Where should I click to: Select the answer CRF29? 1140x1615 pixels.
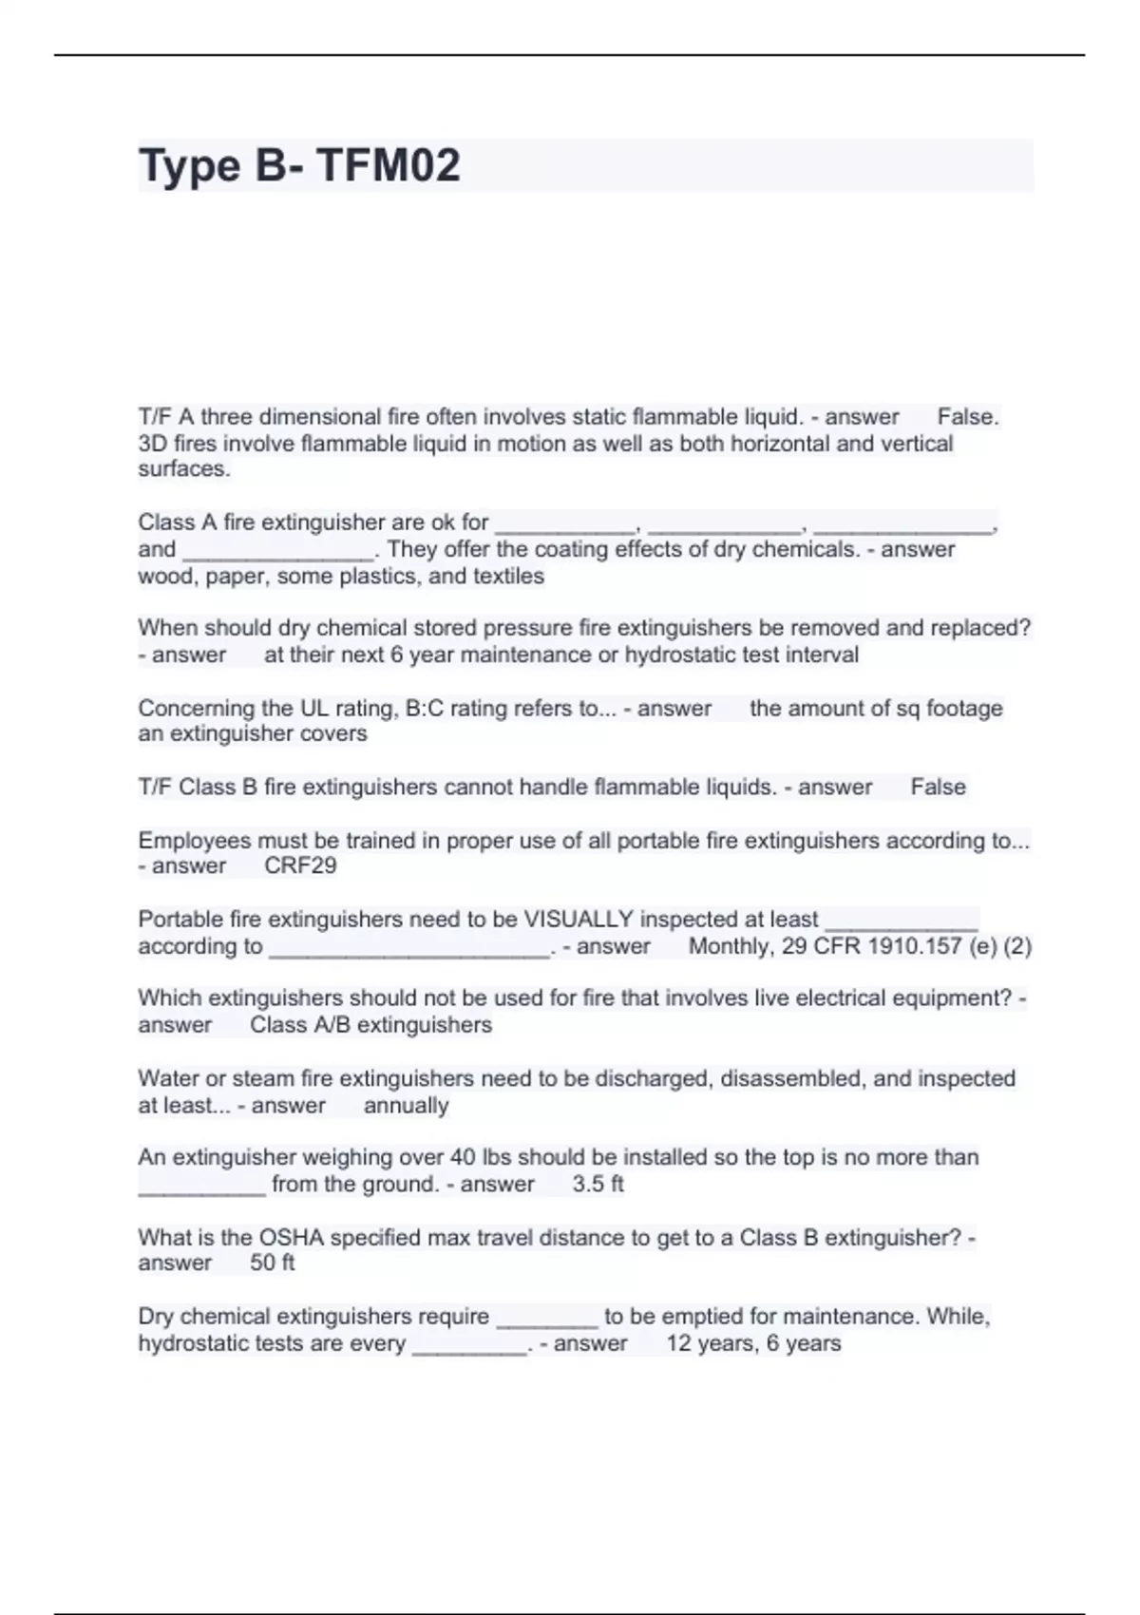point(300,865)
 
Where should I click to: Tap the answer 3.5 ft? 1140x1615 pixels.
point(598,1184)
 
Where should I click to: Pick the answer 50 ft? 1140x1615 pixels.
point(273,1263)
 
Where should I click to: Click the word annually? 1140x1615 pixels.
point(406,1105)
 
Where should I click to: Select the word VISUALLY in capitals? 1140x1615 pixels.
point(579,919)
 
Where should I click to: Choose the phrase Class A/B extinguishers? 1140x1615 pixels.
point(370,1025)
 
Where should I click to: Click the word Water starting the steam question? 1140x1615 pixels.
point(167,1078)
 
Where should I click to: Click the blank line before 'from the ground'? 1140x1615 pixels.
point(201,1186)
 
